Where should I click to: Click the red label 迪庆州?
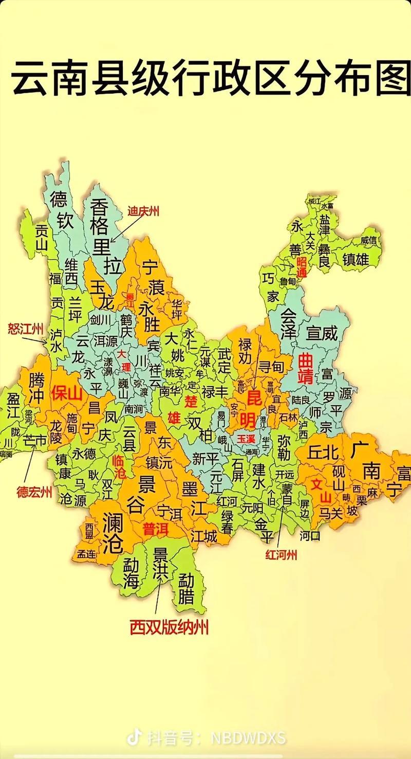(x=143, y=211)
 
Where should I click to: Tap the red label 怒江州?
(x=25, y=328)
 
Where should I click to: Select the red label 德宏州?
(x=34, y=492)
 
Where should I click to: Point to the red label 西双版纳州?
(x=169, y=627)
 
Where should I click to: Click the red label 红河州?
(x=281, y=555)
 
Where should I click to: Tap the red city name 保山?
(x=67, y=393)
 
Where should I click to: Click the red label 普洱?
(x=156, y=529)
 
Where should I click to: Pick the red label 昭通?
(x=302, y=267)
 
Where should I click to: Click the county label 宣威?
(x=322, y=333)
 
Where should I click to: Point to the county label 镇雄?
(x=356, y=259)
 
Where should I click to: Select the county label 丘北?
(x=324, y=452)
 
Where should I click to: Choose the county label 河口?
(x=310, y=536)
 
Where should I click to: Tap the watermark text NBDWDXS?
(x=248, y=738)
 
